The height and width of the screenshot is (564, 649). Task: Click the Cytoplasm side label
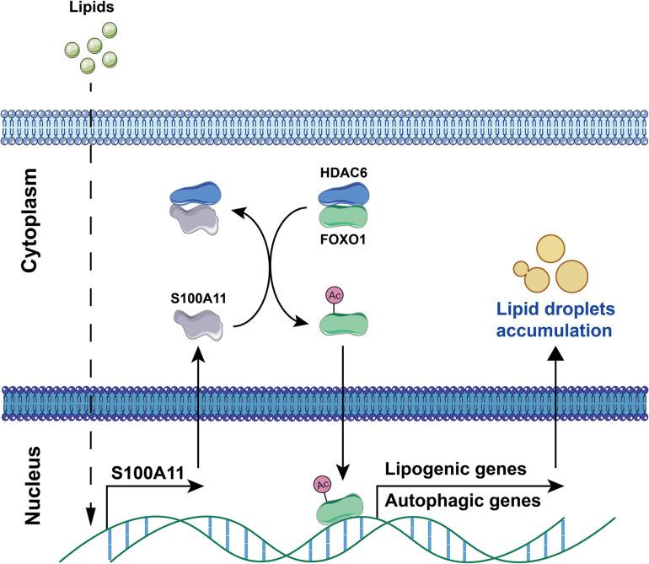click(29, 228)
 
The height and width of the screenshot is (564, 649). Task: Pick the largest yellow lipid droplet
click(571, 277)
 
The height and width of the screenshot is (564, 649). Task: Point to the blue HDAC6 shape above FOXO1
click(341, 196)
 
